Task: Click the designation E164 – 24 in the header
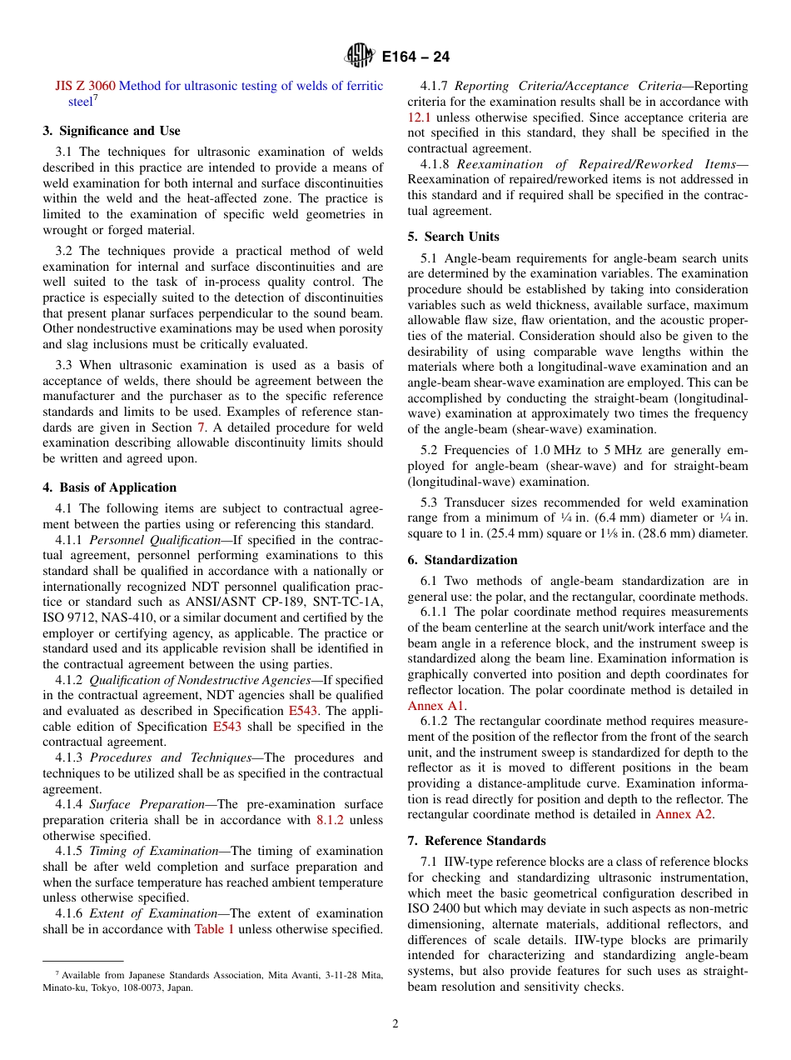[415, 57]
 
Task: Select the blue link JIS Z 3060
[85, 86]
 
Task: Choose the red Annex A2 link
[684, 815]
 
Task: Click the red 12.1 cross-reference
[420, 117]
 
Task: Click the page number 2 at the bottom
[395, 1024]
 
